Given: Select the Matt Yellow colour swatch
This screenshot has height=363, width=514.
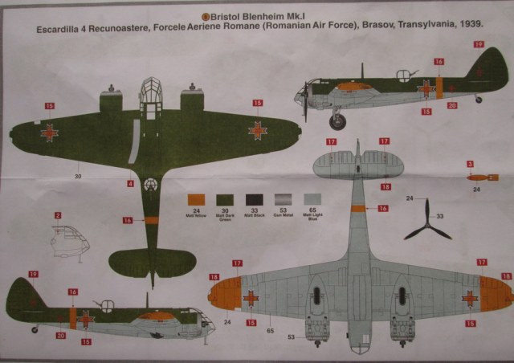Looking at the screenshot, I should click(197, 200).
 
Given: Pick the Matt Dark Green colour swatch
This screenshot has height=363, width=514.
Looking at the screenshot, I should click(226, 200).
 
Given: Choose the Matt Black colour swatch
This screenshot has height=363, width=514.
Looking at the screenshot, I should click(254, 200).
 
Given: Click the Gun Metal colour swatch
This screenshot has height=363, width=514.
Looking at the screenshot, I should click(283, 200).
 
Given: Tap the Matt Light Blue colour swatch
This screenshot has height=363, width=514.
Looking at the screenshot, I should click(311, 200).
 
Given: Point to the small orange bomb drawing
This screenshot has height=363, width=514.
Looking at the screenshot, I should click(481, 177).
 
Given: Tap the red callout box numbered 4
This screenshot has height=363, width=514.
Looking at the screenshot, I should click(130, 184).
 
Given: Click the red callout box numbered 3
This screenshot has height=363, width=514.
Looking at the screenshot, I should click(470, 165).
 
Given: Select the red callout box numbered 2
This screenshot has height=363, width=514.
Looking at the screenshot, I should click(58, 215).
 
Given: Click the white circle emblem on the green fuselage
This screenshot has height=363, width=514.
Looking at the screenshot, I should click(150, 185).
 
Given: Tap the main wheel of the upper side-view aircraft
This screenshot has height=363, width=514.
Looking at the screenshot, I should click(338, 122).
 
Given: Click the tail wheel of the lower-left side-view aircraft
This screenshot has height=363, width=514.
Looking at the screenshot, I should click(35, 329).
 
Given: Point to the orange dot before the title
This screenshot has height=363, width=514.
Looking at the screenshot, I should click(205, 15).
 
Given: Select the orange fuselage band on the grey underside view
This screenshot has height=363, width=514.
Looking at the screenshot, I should click(357, 208).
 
